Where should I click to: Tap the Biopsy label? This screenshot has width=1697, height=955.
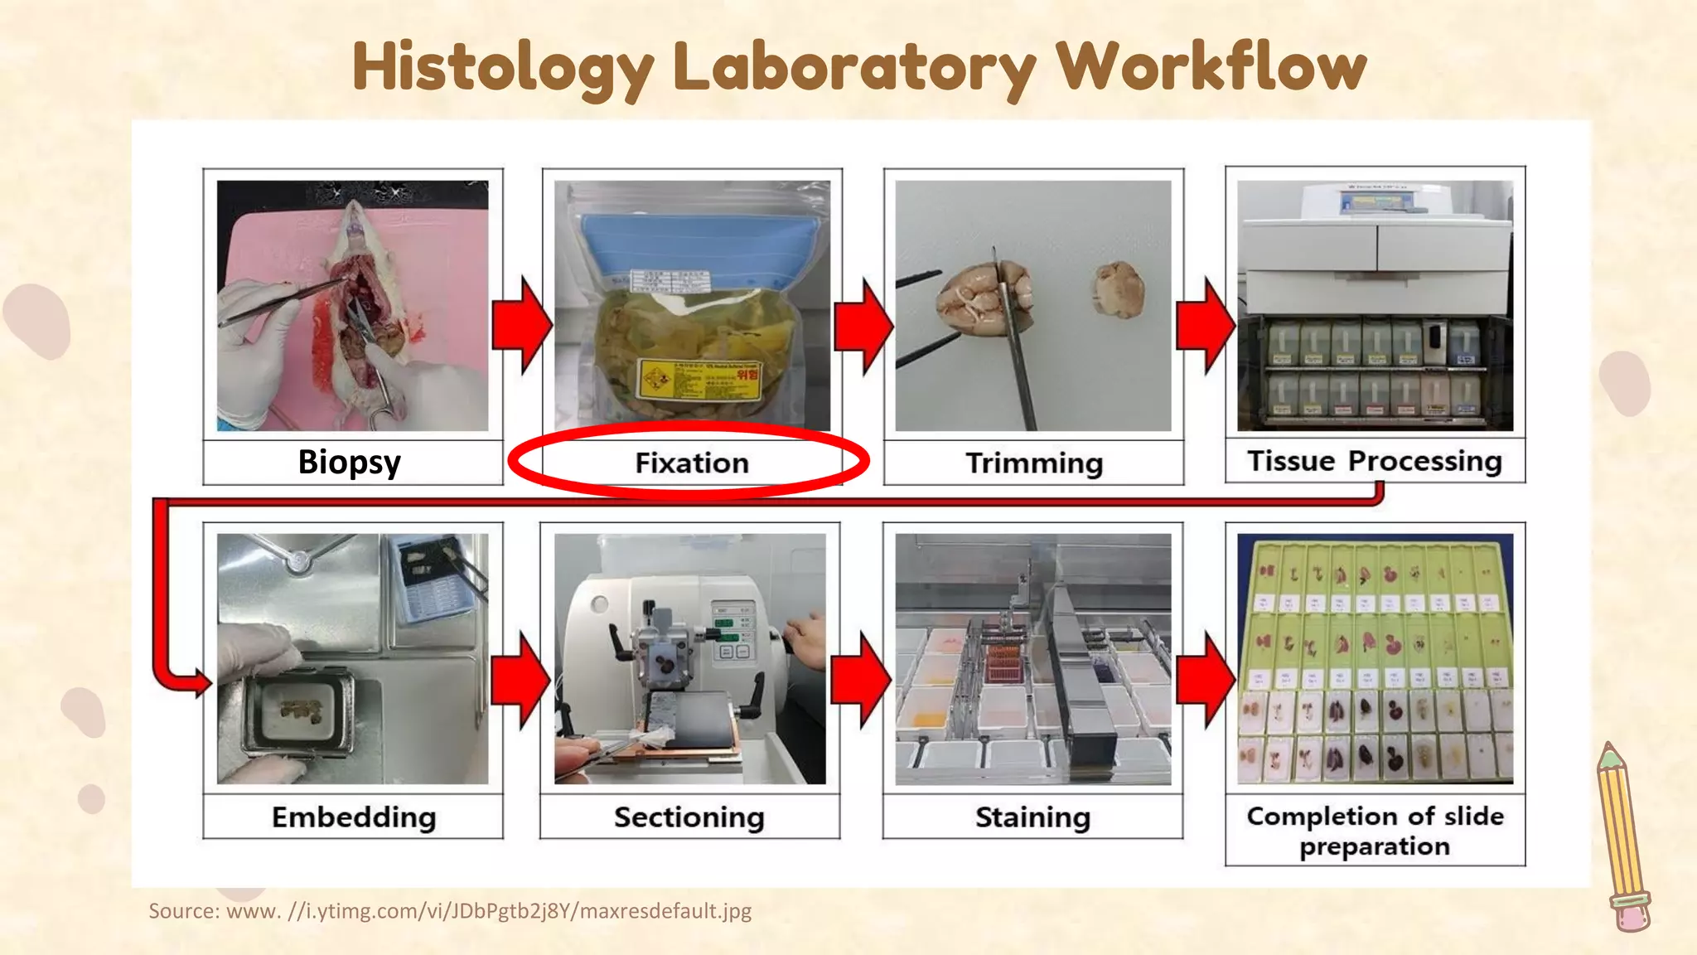click(x=350, y=462)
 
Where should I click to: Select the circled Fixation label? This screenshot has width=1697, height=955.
click(x=692, y=463)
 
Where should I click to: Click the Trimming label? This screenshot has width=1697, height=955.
click(x=1034, y=463)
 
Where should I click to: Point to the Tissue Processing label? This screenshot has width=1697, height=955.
click(x=1375, y=461)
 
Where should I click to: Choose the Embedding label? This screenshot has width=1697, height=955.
click(x=354, y=817)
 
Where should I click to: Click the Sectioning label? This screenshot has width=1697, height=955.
click(x=689, y=817)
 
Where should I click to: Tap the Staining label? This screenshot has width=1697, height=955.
click(x=1032, y=817)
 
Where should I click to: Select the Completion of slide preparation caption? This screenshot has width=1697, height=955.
click(x=1375, y=831)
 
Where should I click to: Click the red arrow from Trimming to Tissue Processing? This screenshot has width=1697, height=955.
click(x=1205, y=325)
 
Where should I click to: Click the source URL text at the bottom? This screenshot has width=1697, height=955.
click(x=450, y=911)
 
